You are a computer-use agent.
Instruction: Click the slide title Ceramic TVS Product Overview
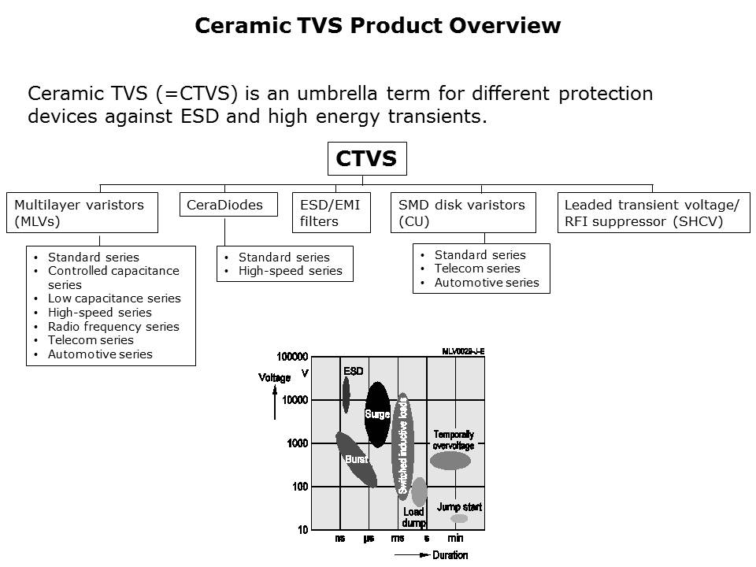tap(377, 26)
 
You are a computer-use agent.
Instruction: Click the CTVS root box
tap(367, 159)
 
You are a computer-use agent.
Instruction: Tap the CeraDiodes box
tap(224, 205)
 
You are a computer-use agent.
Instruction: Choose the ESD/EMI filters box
tap(331, 213)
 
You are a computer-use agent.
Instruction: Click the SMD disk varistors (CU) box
tap(463, 213)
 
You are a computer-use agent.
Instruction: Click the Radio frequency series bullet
tap(113, 327)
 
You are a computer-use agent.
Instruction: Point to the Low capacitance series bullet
tap(114, 298)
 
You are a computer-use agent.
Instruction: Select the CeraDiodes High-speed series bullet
tap(290, 271)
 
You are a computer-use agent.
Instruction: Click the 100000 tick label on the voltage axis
tap(292, 358)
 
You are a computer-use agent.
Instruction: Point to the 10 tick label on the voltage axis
tap(303, 530)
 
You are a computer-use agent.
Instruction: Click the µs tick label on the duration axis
tap(369, 539)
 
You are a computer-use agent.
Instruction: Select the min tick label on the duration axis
tap(455, 539)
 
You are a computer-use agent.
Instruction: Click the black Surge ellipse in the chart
tap(378, 414)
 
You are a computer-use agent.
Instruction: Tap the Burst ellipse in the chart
tap(356, 459)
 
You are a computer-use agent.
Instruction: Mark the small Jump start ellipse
tap(458, 518)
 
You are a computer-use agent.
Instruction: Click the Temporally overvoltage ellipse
tap(450, 460)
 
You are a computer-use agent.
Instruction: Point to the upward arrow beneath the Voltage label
tap(274, 404)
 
